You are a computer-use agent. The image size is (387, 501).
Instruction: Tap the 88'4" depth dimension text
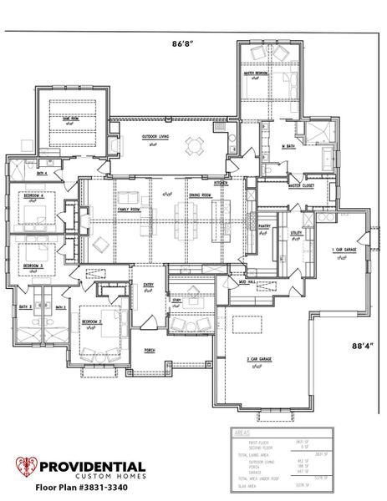point(361,346)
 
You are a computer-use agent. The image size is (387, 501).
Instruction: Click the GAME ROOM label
point(69,119)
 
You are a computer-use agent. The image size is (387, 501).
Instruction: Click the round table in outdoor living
point(194,145)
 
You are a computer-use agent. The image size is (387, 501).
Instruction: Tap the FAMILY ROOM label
point(128,210)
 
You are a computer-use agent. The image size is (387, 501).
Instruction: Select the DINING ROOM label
point(199,194)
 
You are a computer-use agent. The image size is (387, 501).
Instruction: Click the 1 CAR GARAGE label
point(344,250)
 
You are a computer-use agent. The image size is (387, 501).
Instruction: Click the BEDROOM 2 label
point(91,321)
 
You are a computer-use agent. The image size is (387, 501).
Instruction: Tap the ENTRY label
point(148,286)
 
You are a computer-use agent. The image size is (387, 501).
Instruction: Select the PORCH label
point(150,350)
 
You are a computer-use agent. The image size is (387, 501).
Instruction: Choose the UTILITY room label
point(296,234)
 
